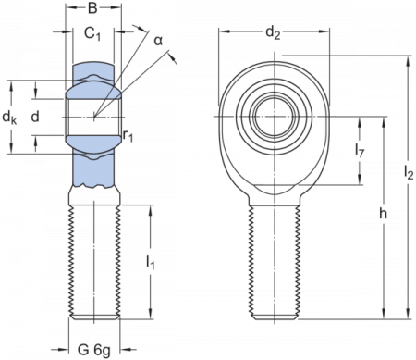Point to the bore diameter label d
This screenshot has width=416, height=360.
[35, 115]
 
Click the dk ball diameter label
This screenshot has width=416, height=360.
[8, 119]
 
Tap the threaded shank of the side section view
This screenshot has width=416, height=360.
[95, 259]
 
